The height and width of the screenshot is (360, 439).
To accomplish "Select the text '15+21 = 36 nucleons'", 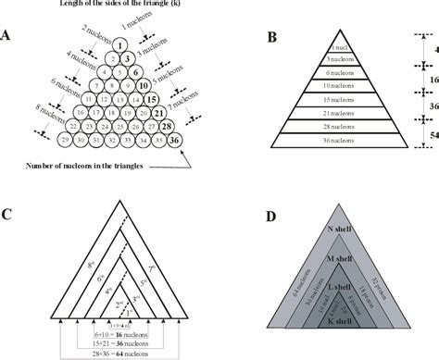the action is click(120, 341).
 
